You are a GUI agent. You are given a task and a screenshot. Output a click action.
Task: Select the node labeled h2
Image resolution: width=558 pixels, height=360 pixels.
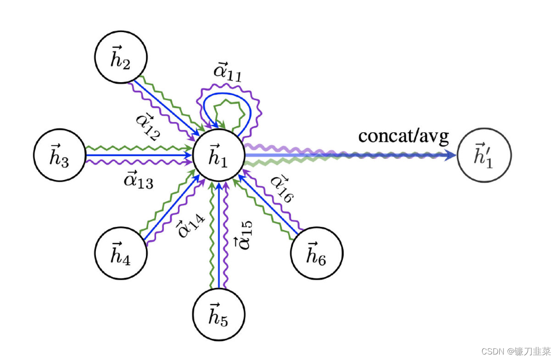(120, 58)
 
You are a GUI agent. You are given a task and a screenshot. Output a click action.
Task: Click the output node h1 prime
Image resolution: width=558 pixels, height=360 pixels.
(484, 156)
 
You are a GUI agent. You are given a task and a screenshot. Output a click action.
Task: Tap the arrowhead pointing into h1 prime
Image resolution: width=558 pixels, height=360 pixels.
(452, 156)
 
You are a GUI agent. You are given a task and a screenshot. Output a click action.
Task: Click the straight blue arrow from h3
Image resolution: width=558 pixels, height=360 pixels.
(138, 156)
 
